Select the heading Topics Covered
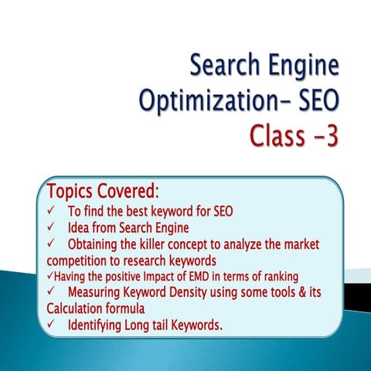point(103,190)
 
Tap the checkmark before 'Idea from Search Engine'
point(51,228)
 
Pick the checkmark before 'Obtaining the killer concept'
point(51,245)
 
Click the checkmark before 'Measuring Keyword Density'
point(51,293)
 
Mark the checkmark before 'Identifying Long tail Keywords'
point(51,325)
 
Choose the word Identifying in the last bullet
point(100,325)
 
